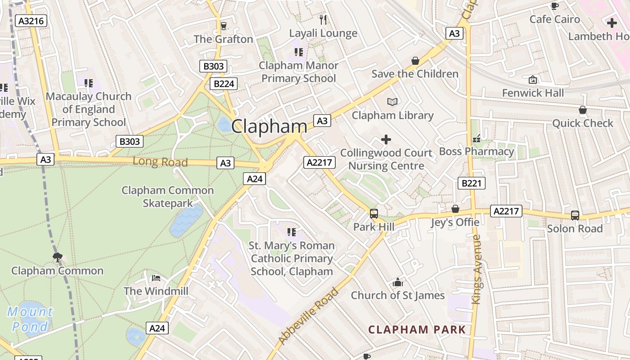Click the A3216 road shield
[x=31, y=21]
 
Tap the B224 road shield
[x=223, y=84]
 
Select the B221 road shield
[x=471, y=183]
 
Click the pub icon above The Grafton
[x=223, y=26]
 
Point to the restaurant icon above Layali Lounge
[x=323, y=19]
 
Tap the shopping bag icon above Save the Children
[x=415, y=61]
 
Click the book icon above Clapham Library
[x=392, y=102]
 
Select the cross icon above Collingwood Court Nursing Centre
[x=386, y=139]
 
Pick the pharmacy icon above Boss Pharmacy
[x=476, y=139]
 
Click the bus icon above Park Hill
[x=373, y=214]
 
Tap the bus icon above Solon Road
[x=575, y=216]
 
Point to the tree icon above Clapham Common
[x=57, y=257]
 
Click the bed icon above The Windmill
[x=156, y=278]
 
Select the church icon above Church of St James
[x=397, y=283]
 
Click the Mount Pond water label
[x=30, y=319]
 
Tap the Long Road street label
[x=160, y=162]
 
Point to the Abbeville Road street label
[x=309, y=316]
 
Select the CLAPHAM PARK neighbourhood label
[x=417, y=329]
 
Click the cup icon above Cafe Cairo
[x=554, y=6]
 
